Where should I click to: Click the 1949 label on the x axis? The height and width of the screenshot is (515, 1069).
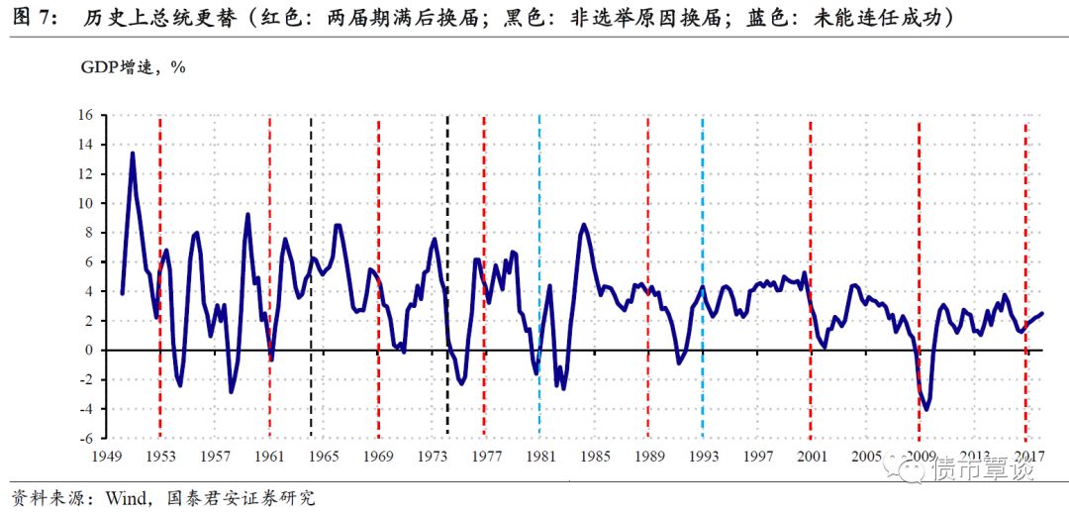tap(107, 457)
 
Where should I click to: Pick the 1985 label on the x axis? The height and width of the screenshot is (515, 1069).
tap(594, 457)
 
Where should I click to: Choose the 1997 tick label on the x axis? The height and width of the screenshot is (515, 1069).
tap(757, 457)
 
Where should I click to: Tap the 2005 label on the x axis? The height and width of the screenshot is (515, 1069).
tap(866, 457)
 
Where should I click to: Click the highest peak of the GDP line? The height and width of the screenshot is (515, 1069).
tap(133, 154)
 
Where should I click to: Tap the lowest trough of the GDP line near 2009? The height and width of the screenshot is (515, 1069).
tap(926, 409)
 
